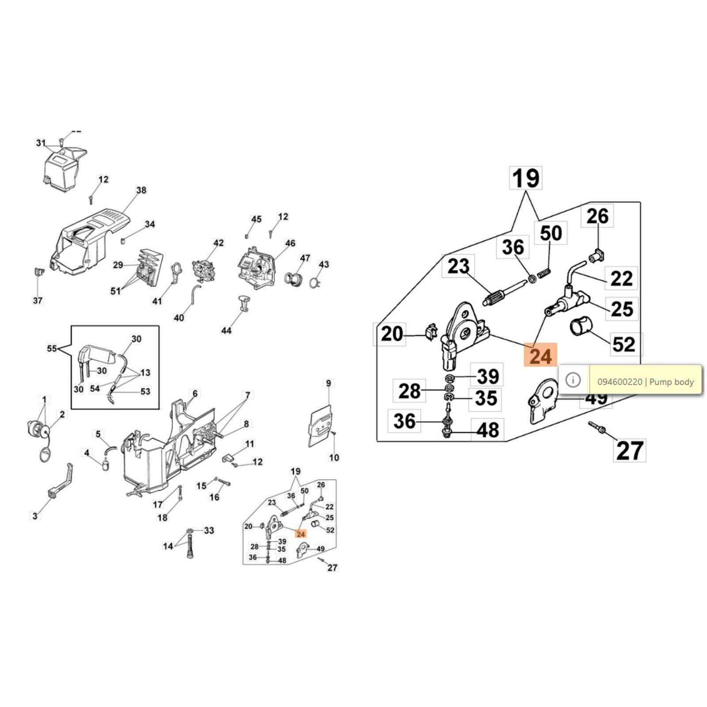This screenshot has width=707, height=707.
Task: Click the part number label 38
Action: point(141,190)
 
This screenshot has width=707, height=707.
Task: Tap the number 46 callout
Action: point(290,243)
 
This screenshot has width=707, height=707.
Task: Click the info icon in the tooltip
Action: point(573,380)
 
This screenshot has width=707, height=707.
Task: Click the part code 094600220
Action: point(620,382)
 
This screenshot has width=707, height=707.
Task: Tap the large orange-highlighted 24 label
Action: point(540,355)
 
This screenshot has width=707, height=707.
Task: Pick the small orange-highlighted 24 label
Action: point(301,534)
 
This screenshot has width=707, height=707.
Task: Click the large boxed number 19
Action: point(526,179)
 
